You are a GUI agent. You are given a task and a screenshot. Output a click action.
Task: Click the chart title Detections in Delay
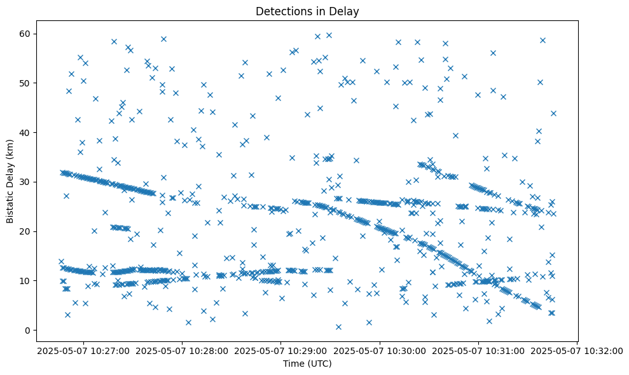tap(307, 11)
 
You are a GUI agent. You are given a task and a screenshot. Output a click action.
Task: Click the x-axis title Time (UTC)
tap(307, 364)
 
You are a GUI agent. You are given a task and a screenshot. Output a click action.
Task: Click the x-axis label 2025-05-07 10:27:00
tap(83, 350)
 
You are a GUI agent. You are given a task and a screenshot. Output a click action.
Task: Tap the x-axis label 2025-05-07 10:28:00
tap(183, 350)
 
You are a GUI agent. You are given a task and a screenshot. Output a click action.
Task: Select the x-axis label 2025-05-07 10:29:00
tap(281, 350)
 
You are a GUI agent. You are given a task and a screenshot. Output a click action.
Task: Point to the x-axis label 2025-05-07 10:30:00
tap(380, 350)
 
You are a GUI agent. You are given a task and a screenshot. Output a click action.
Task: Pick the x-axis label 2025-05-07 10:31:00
tap(479, 350)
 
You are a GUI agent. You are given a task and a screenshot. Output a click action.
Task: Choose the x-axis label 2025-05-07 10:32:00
tap(577, 350)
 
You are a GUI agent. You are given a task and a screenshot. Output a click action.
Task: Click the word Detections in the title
tap(282, 11)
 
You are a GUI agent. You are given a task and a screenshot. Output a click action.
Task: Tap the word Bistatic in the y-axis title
tap(10, 203)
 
